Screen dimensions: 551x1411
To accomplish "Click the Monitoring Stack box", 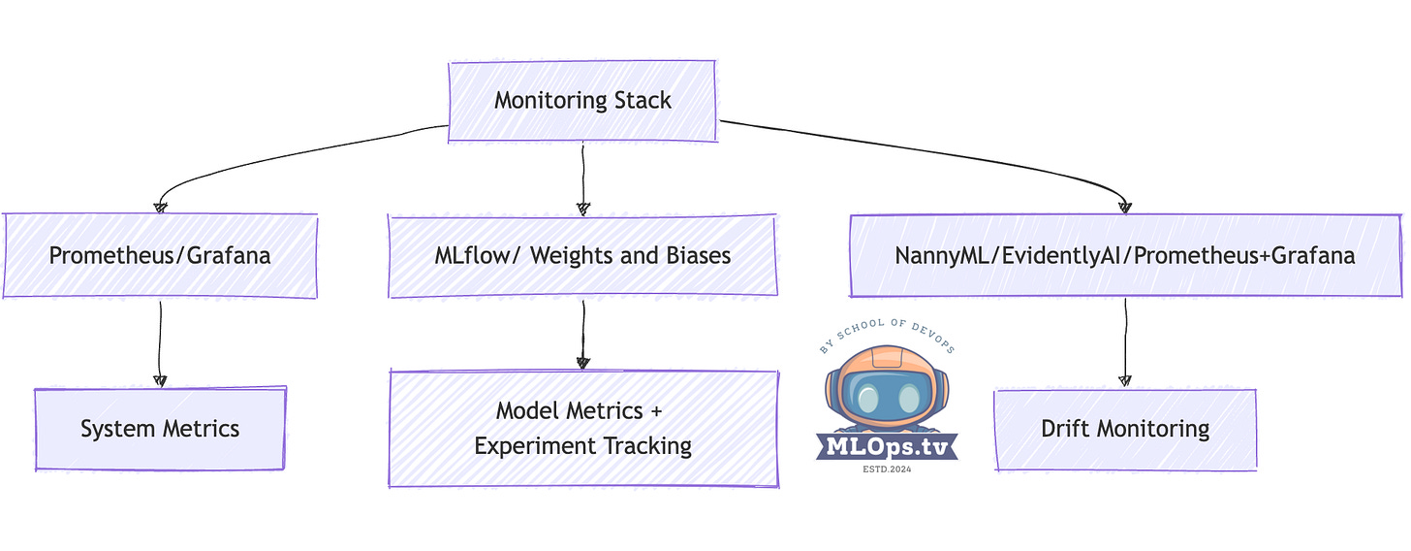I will [582, 100].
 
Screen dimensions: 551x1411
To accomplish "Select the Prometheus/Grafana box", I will [161, 256].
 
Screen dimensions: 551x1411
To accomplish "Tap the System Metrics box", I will [160, 429].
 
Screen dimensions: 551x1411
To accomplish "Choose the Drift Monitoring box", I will [1125, 429].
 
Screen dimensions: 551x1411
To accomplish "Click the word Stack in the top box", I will [642, 100].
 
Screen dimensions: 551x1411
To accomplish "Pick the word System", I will [114, 429].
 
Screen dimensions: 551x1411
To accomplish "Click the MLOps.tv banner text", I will [887, 446].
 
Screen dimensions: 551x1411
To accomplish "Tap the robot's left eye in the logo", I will [869, 399].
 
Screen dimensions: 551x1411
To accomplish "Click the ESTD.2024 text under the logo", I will [887, 469].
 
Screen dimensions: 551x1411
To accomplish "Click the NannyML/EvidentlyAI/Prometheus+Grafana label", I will [1125, 256].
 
